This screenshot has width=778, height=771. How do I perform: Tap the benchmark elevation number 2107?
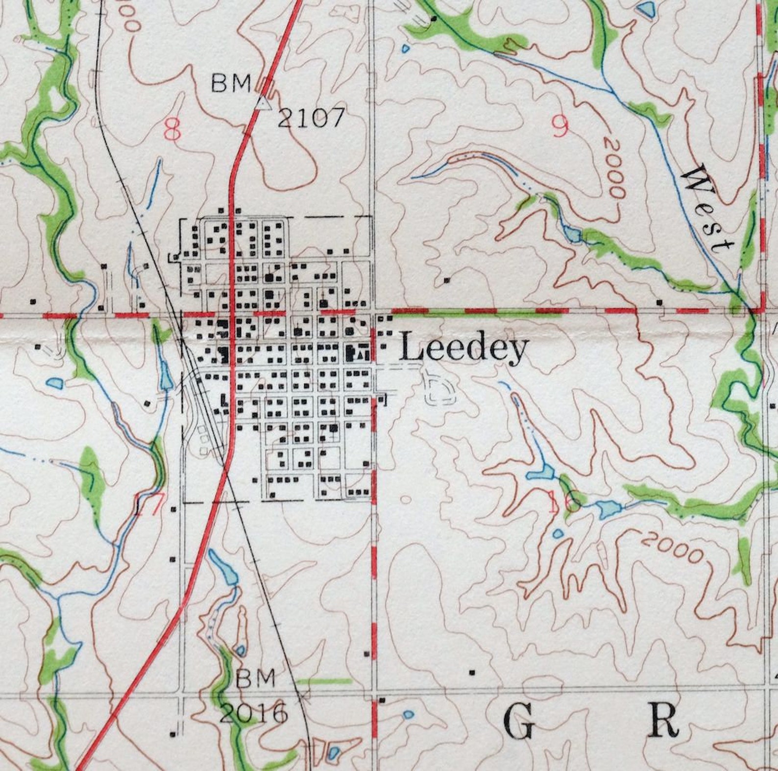coord(311,118)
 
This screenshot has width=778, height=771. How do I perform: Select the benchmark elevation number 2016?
coord(253,713)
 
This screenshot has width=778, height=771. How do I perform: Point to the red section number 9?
coord(560,127)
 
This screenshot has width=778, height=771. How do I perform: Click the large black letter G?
coord(519,723)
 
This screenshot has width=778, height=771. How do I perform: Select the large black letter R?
coord(663,721)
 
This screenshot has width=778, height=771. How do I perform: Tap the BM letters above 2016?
coord(255,679)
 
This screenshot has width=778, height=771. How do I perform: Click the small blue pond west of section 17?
coord(54,383)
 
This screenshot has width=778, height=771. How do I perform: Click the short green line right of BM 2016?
coord(325,681)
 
